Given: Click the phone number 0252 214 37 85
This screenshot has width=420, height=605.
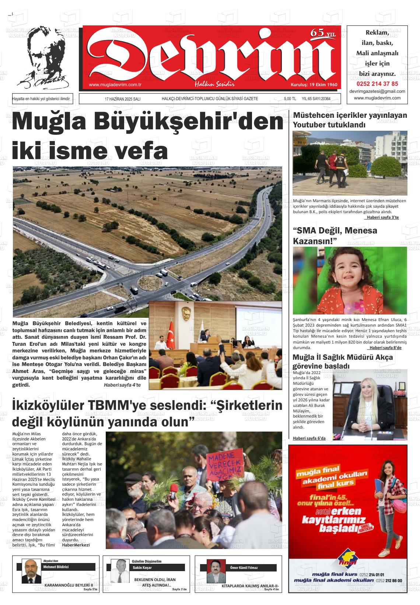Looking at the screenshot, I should [377, 84].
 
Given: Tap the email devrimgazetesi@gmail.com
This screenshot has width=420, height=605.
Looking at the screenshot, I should [377, 91].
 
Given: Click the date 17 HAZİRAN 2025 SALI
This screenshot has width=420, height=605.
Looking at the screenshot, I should [122, 99].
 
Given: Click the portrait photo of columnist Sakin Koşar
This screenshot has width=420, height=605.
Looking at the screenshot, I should [119, 571].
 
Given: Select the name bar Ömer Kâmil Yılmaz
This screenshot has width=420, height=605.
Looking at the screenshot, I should [244, 568].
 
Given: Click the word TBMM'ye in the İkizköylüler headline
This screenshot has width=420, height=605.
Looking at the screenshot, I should [120, 405].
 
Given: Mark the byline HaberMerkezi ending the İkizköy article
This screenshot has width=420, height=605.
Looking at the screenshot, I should [76, 545].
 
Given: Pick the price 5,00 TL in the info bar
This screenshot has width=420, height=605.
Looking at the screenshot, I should [290, 99].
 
